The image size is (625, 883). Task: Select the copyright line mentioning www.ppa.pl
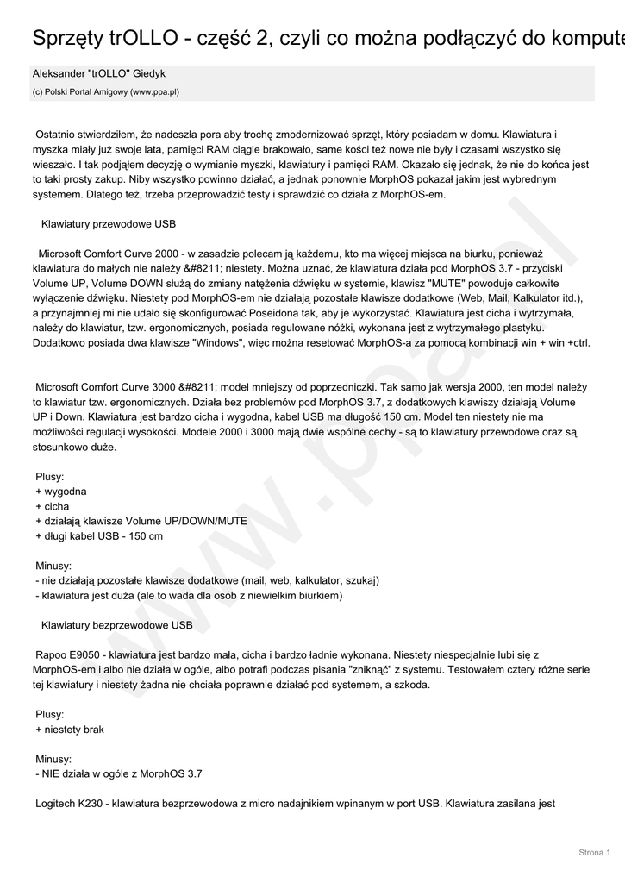(106, 91)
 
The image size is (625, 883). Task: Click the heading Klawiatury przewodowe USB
(109, 223)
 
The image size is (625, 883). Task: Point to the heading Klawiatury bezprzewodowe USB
(117, 624)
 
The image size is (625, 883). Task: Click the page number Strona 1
(594, 852)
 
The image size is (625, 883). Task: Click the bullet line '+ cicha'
(52, 506)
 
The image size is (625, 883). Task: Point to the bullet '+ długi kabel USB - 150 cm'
(99, 536)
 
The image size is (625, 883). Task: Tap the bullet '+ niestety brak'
(70, 730)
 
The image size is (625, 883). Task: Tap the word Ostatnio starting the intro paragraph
(56, 135)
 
